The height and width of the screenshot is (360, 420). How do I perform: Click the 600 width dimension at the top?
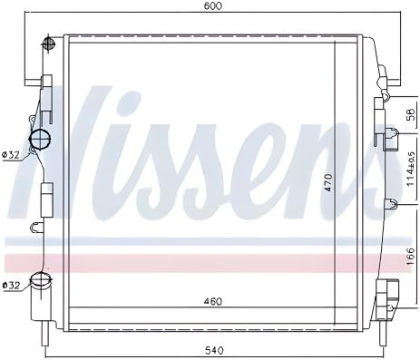(x=212, y=6)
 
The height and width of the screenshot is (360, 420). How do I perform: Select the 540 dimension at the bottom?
(x=212, y=350)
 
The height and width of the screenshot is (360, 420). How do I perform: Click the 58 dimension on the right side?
(x=410, y=117)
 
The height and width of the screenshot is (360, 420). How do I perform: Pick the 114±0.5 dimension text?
(x=410, y=167)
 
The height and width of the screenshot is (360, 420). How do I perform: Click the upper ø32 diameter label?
(x=11, y=155)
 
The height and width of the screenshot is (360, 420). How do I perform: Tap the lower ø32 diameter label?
(x=11, y=287)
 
